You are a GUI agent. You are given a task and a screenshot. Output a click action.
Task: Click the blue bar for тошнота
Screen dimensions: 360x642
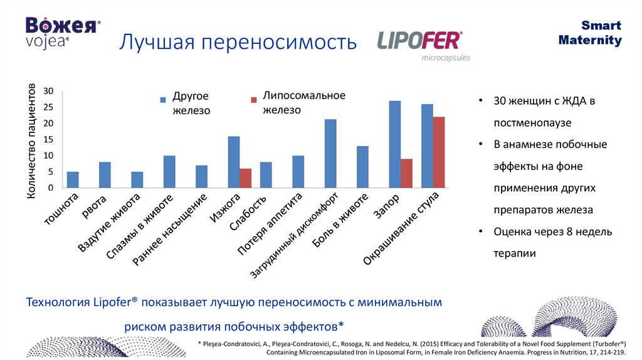[73, 179]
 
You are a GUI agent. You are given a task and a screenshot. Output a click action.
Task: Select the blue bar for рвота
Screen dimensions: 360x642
[105, 175]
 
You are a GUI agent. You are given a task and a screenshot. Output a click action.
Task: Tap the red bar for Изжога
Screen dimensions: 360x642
[245, 177]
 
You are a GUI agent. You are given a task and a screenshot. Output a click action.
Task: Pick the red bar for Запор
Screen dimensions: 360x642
[406, 173]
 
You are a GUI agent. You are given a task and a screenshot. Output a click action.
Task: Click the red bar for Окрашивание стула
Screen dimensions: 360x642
[438, 152]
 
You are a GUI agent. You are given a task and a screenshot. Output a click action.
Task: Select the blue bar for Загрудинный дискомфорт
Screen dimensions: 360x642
[330, 154]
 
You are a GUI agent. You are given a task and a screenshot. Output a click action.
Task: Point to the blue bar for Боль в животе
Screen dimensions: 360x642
[362, 167]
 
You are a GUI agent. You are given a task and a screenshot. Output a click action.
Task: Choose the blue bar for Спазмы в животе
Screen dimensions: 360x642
[169, 172]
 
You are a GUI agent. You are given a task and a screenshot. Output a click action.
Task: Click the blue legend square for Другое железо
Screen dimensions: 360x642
[163, 99]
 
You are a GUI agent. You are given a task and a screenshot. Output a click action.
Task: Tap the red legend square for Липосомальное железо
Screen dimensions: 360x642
[254, 100]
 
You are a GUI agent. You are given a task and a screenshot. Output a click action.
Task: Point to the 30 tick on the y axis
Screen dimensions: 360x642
[49, 92]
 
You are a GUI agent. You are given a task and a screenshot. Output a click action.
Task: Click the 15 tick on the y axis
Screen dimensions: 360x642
[49, 140]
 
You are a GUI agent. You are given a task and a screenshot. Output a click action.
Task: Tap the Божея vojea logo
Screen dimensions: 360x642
[61, 31]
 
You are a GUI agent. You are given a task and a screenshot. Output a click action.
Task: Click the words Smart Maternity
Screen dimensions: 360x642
[589, 33]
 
